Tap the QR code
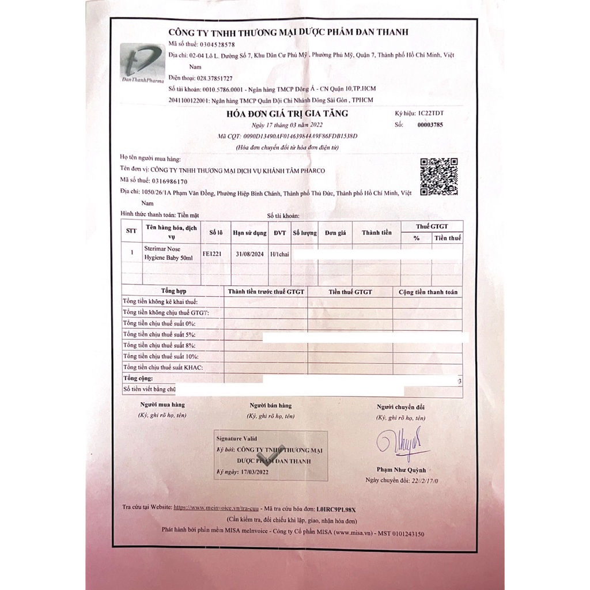click(438, 177)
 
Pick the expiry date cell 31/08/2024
click(250, 252)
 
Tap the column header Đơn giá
click(335, 233)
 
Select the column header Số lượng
click(305, 233)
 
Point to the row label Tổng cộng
click(138, 379)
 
